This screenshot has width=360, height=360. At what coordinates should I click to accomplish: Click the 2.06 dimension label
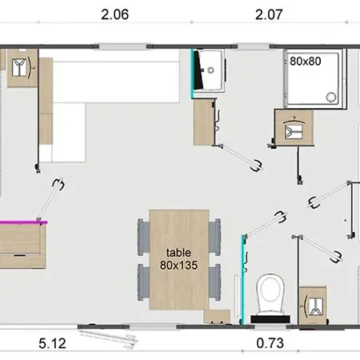pyautogui.click(x=115, y=14)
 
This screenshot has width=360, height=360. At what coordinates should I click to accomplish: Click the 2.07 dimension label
pyautogui.click(x=269, y=14)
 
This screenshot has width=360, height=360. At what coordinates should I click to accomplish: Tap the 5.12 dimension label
pyautogui.click(x=52, y=343)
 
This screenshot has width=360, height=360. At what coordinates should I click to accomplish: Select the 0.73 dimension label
pyautogui.click(x=270, y=343)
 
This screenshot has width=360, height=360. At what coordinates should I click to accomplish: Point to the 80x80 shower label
pyautogui.click(x=306, y=62)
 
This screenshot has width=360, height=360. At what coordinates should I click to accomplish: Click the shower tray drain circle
pyautogui.click(x=331, y=97)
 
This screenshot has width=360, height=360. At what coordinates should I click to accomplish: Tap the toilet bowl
pyautogui.click(x=270, y=294)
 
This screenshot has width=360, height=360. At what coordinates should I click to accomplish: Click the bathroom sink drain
pyautogui.click(x=211, y=70)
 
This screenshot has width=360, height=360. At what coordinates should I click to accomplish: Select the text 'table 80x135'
pyautogui.click(x=178, y=259)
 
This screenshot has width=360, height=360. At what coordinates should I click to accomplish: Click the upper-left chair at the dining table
pyautogui.click(x=143, y=237)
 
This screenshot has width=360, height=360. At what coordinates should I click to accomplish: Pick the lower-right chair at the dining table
pyautogui.click(x=215, y=282)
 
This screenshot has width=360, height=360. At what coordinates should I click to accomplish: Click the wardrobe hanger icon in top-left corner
pyautogui.click(x=22, y=68)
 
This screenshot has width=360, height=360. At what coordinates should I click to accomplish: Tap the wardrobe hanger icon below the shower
pyautogui.click(x=294, y=128)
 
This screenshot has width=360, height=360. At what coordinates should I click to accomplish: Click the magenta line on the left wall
pyautogui.click(x=23, y=222)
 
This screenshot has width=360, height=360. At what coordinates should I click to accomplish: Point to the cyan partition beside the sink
pyautogui.click(x=192, y=74)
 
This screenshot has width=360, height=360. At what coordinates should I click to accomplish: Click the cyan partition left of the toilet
pyautogui.click(x=243, y=279)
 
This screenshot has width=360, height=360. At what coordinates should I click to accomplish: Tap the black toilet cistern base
pyautogui.click(x=270, y=319)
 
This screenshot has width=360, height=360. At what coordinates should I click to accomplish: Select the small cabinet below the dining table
pyautogui.click(x=217, y=317)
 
